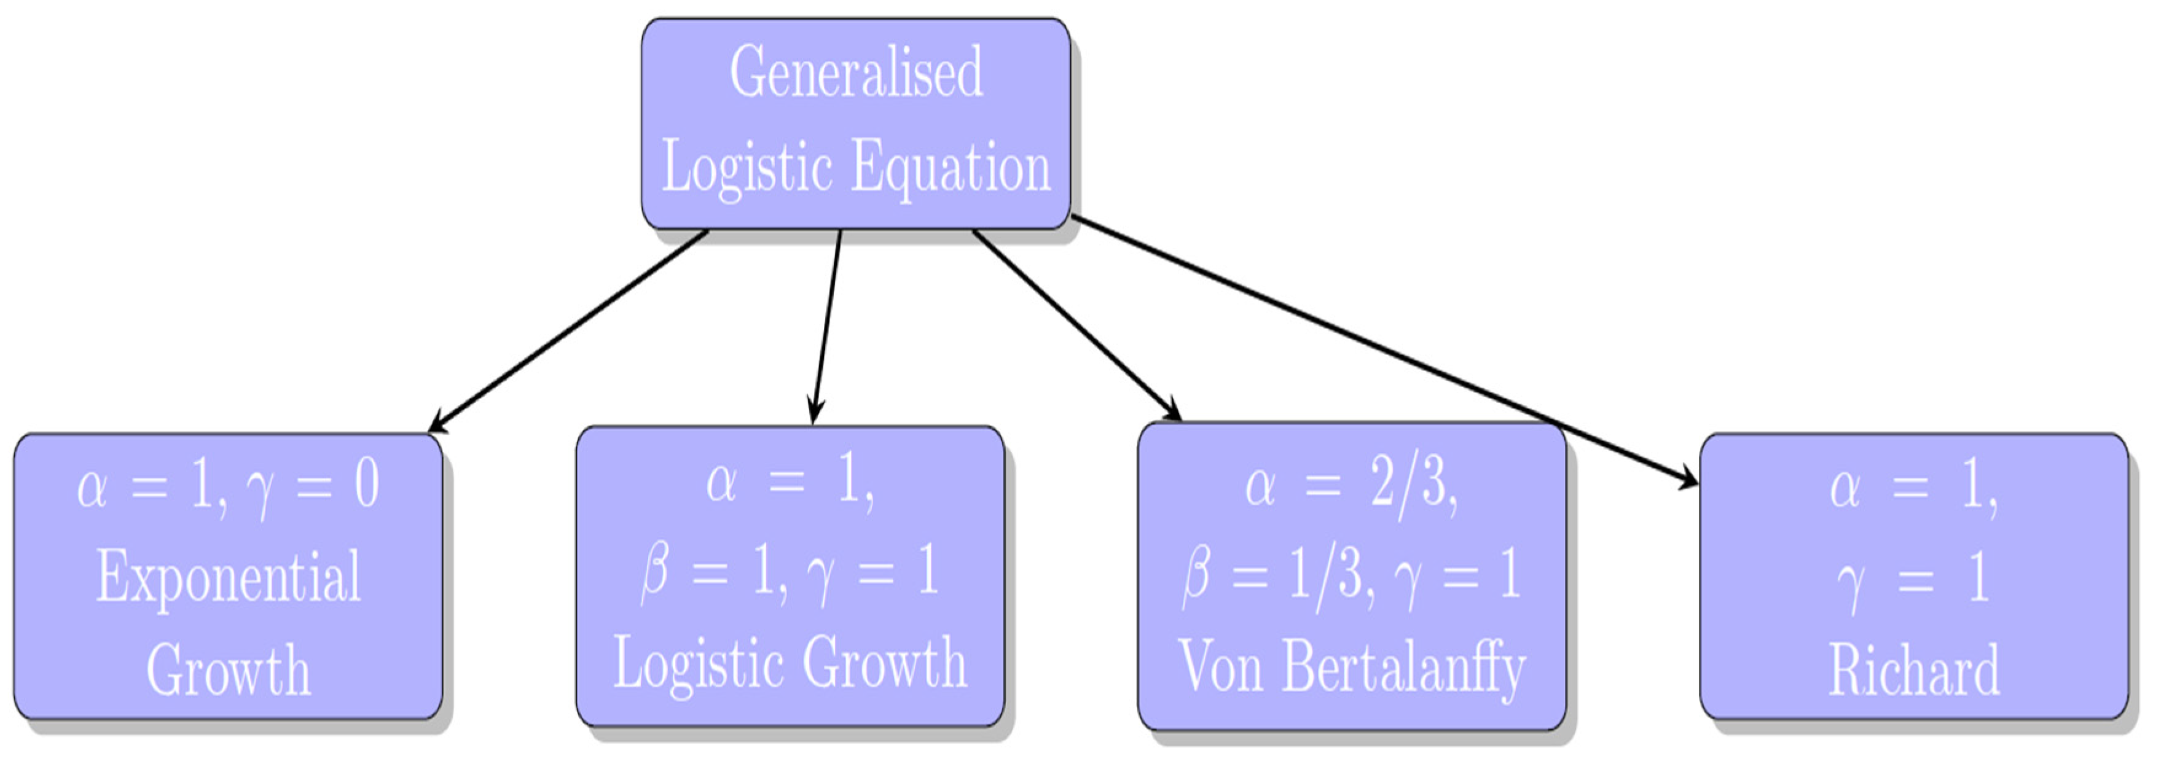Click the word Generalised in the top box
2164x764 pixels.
(855, 72)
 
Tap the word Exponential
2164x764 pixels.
(229, 577)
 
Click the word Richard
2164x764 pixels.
(1914, 670)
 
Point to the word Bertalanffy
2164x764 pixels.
(1403, 668)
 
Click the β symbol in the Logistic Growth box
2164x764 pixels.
(654, 574)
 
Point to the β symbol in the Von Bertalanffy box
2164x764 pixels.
(1196, 578)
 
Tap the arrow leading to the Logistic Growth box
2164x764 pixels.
(826, 327)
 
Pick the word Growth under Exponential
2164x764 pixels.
(229, 670)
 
